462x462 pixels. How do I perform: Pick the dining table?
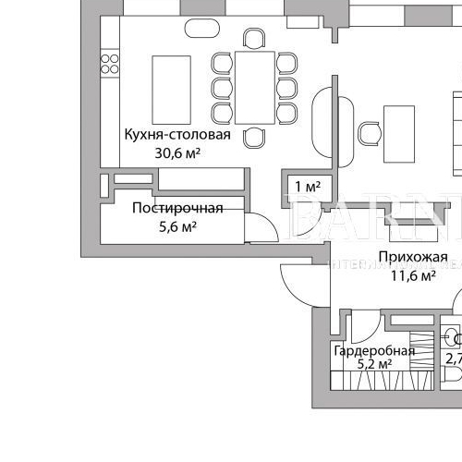tap(254, 87)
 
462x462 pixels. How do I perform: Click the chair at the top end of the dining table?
tap(253, 38)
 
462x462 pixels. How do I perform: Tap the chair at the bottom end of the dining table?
tap(253, 137)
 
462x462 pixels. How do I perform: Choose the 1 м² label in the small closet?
tap(307, 187)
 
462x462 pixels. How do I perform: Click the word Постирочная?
tap(169, 207)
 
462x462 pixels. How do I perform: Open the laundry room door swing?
tap(261, 225)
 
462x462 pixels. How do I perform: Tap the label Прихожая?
tap(412, 257)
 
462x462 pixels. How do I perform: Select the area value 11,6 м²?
tap(413, 274)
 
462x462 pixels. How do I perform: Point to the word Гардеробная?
tap(373, 351)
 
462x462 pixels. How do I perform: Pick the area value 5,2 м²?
tap(375, 365)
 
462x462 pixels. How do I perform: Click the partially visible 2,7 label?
tap(454, 359)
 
